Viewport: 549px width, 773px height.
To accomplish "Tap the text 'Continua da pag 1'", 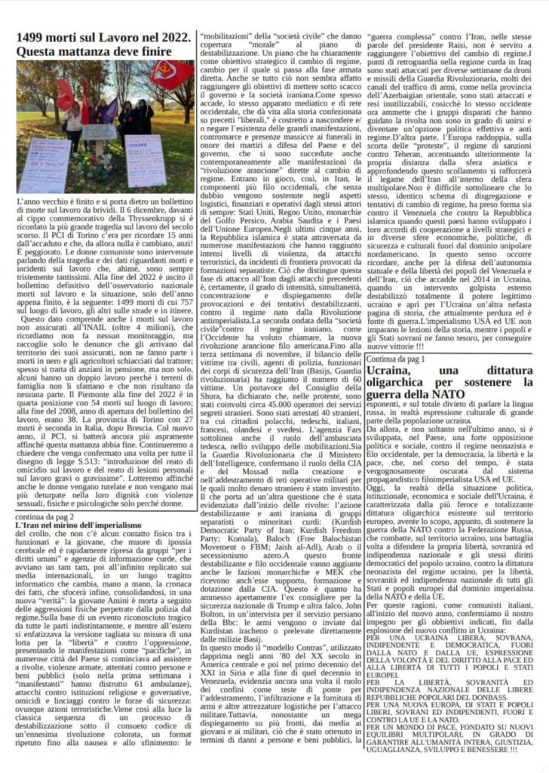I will [397, 359].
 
